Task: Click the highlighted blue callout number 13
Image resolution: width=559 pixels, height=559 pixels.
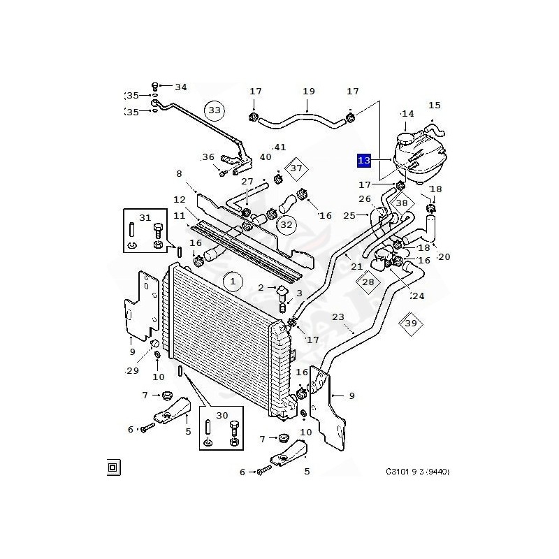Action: (363, 161)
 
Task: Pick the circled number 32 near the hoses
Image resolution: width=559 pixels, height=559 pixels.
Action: (286, 225)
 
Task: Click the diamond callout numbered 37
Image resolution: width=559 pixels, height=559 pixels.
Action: (296, 168)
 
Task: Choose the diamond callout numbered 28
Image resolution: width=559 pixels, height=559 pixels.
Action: (368, 281)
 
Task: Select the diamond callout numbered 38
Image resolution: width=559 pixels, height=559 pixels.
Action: (402, 203)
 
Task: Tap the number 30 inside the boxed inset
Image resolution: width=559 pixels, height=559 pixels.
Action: (222, 416)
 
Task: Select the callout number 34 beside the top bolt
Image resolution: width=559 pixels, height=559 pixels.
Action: (181, 87)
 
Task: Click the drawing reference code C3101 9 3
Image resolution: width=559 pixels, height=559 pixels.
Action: (417, 472)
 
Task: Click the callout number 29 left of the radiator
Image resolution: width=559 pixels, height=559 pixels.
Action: (132, 370)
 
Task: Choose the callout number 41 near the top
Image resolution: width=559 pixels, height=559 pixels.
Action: (279, 147)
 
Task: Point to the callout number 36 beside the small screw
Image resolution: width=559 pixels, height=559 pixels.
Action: (208, 157)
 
